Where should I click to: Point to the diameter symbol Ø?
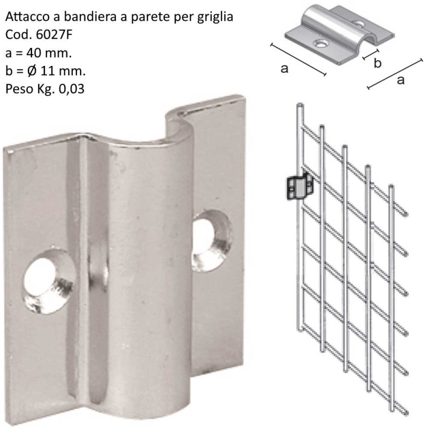32,71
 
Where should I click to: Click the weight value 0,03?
72,89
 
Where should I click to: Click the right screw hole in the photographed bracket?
212,240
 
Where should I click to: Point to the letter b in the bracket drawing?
377,63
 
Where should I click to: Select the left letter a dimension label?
285,68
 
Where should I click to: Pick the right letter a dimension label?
400,80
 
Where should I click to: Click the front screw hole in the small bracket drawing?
322,44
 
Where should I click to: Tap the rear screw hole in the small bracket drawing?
358,25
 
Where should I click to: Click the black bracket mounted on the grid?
300,187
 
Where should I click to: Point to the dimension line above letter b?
370,54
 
